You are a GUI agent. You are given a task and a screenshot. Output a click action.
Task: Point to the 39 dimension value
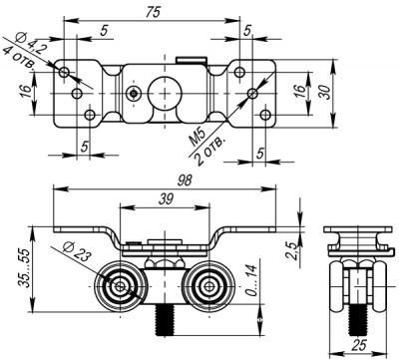point(164,199)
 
